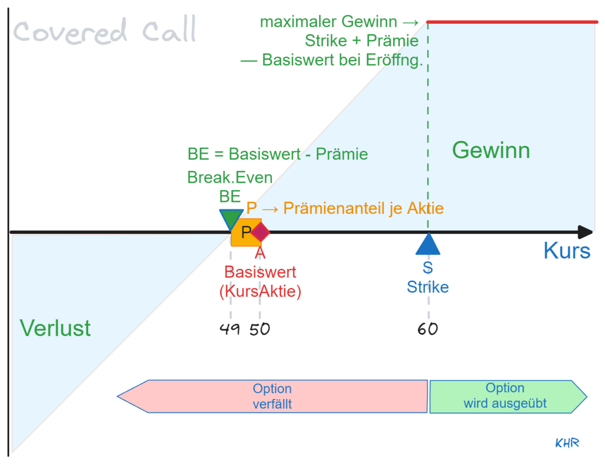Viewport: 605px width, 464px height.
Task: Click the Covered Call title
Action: point(104,31)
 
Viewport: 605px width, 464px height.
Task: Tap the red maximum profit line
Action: point(512,22)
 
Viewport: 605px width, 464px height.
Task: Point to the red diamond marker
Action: point(261,232)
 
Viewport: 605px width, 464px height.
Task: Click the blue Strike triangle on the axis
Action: point(428,245)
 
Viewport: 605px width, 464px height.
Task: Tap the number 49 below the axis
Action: point(230,329)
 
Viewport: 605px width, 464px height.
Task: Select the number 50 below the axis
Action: point(260,329)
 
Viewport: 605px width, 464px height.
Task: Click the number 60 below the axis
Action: point(428,329)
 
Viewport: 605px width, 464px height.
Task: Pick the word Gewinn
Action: point(491,150)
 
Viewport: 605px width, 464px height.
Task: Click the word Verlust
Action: point(55,328)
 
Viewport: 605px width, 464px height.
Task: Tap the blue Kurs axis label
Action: point(567,250)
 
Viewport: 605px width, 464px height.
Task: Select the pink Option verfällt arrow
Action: point(272,396)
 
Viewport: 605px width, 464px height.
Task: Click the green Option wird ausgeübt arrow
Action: point(505,396)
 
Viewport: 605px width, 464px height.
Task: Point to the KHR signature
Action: point(567,443)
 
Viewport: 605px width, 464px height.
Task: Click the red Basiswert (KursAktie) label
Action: point(260,282)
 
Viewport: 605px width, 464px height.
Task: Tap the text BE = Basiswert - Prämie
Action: point(277,153)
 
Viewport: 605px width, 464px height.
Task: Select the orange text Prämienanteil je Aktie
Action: point(363,208)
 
